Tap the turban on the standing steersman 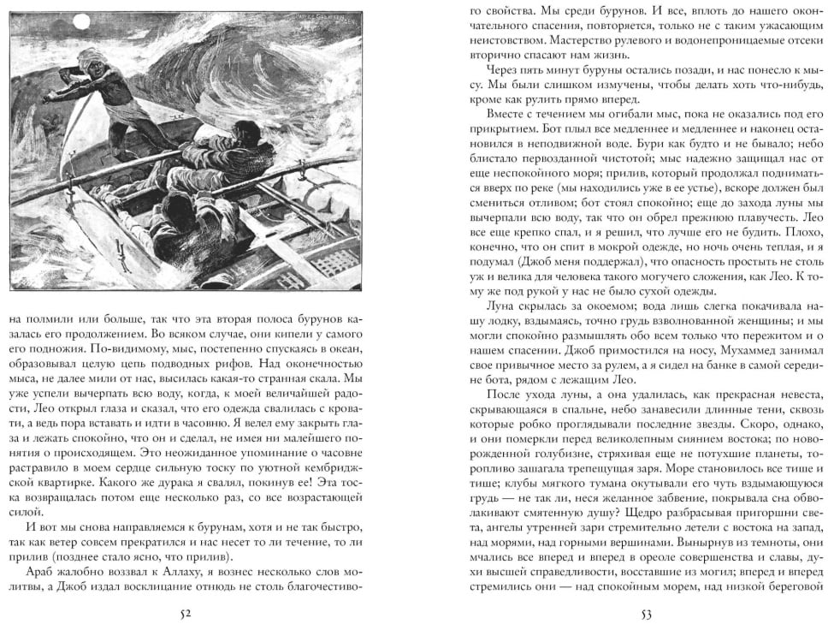93,58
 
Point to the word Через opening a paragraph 505,70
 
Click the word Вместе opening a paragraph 508,114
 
